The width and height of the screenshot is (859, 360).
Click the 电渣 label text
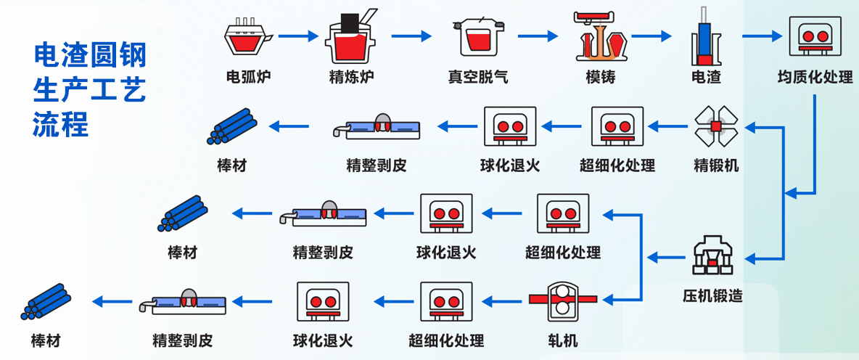pos(706,76)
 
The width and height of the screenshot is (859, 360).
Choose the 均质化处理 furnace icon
pos(815,36)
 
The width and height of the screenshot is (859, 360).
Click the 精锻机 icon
pos(716,126)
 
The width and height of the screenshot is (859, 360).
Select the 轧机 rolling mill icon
pos(562,299)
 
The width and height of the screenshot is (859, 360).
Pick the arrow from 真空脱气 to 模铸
pos(538,34)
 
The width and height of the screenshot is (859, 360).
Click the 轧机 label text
pos(563,339)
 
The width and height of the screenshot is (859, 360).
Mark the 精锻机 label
pos(716,165)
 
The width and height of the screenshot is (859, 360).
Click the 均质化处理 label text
pos(815,76)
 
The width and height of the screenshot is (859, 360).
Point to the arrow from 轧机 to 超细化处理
pos(504,298)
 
